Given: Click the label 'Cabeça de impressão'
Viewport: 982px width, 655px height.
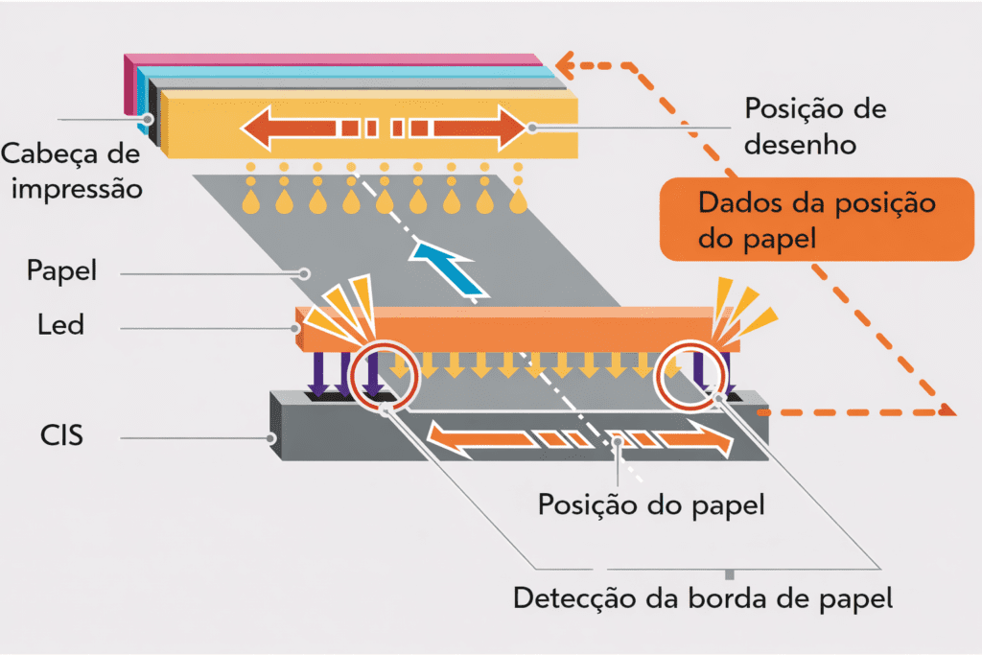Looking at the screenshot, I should pyautogui.click(x=72, y=170).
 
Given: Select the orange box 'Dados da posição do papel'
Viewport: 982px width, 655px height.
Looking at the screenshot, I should pyautogui.click(x=816, y=220).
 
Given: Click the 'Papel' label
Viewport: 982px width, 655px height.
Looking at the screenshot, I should pyautogui.click(x=62, y=271).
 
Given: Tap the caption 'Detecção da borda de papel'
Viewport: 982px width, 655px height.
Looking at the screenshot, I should pyautogui.click(x=703, y=598).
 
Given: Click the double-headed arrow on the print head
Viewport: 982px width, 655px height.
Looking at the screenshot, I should pyautogui.click(x=384, y=126).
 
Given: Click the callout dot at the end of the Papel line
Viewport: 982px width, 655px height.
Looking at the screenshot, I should pyautogui.click(x=304, y=272).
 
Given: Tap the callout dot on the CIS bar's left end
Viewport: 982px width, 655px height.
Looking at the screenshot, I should pyautogui.click(x=271, y=438).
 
